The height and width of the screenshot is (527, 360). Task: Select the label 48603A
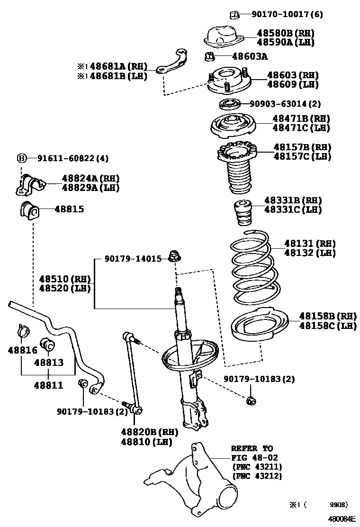[x=250, y=57]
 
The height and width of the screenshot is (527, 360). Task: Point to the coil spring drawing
[x=251, y=268]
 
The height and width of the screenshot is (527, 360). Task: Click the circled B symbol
[x=21, y=158]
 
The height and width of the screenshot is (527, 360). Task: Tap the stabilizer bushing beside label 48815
[x=29, y=209]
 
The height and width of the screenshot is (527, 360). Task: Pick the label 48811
[x=48, y=385]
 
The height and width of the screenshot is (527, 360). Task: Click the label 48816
[x=22, y=350]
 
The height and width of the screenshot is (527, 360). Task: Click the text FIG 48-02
[x=254, y=457]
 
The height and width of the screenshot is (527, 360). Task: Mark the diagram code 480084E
[x=342, y=519]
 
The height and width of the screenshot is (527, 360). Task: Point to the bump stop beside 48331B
[x=242, y=215]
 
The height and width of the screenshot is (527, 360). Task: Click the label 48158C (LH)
[x=327, y=326]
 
